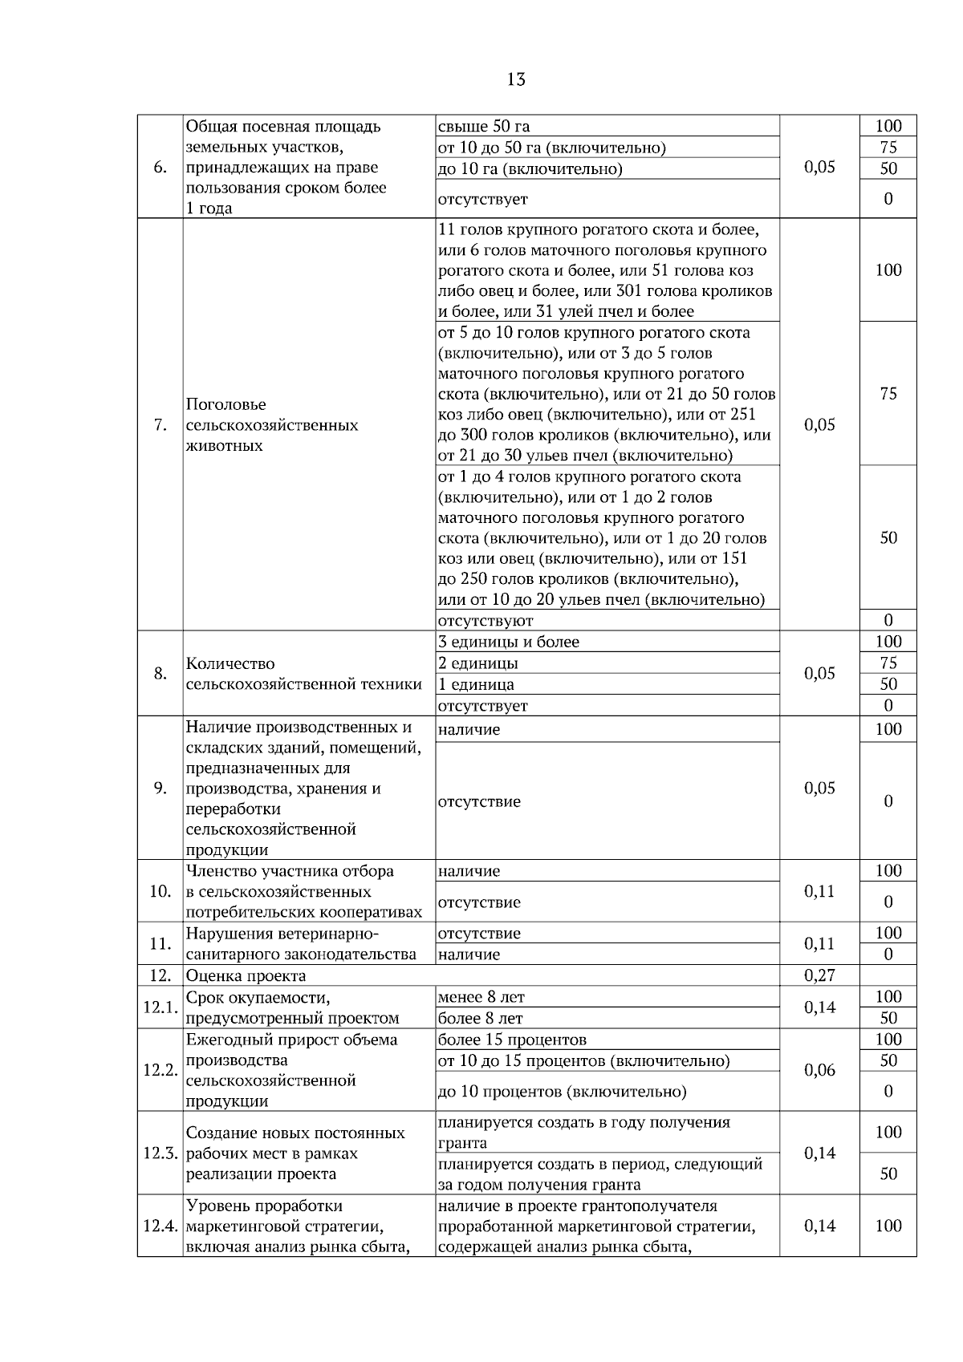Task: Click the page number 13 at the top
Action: point(516,79)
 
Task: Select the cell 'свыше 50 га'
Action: point(484,126)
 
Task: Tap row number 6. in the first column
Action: point(160,167)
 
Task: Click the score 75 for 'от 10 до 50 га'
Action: point(888,147)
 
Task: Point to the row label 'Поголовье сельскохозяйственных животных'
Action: point(271,425)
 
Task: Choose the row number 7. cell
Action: point(160,425)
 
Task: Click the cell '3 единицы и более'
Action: point(509,642)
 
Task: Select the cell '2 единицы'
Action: point(478,663)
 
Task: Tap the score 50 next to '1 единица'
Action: point(888,684)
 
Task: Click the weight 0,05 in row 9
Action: point(819,788)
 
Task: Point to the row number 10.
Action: point(160,891)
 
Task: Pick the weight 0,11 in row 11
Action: point(819,943)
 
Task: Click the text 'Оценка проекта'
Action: point(246,975)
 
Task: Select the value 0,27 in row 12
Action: point(819,975)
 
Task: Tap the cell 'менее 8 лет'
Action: point(481,997)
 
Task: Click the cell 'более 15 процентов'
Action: point(512,1040)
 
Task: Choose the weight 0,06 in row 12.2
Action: point(819,1070)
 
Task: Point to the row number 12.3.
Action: point(160,1153)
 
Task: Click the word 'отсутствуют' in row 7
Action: point(486,620)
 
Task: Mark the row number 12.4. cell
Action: point(160,1226)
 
